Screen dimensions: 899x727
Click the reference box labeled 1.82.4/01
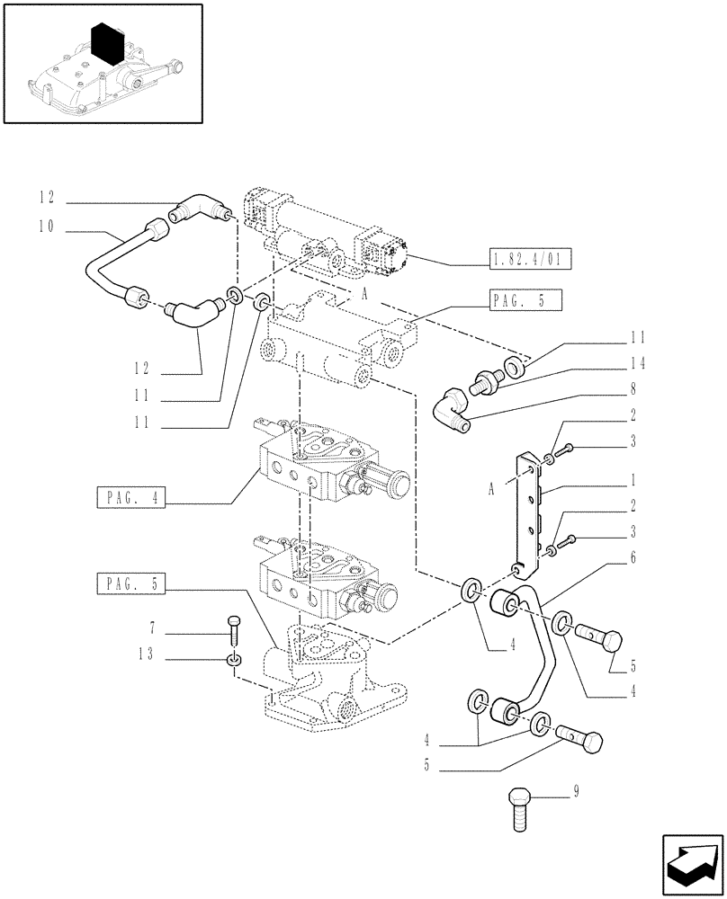coord(521,261)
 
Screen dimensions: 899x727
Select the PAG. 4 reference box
coord(130,497)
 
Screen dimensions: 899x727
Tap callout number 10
coord(46,227)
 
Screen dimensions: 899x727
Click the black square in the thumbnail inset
coord(108,43)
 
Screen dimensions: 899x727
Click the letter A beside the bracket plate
coord(491,489)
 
